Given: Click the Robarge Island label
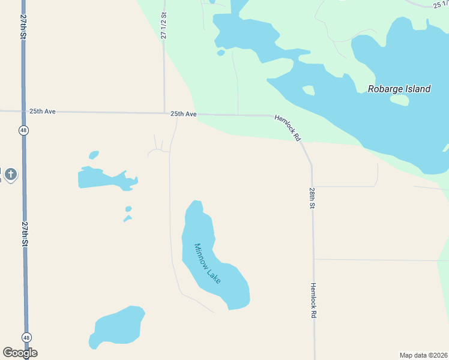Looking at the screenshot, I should pos(399,89).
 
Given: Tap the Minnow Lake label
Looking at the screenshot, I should pos(207,263).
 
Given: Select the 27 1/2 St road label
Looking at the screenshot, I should pos(163,25).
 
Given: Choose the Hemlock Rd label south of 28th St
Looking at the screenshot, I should pos(313,300).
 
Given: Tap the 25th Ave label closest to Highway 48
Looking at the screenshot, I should pos(42,112).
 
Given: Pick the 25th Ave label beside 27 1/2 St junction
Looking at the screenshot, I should pos(183,113).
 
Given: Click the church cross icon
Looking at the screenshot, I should pos(10,175).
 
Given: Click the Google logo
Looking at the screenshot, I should pos(20,353).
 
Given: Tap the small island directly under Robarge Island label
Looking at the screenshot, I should pos(399,100).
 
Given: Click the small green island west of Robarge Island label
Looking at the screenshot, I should pos(309,91).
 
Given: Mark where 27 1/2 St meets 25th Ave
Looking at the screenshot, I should pos(164,112).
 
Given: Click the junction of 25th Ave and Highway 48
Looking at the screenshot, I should pos(24,111).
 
